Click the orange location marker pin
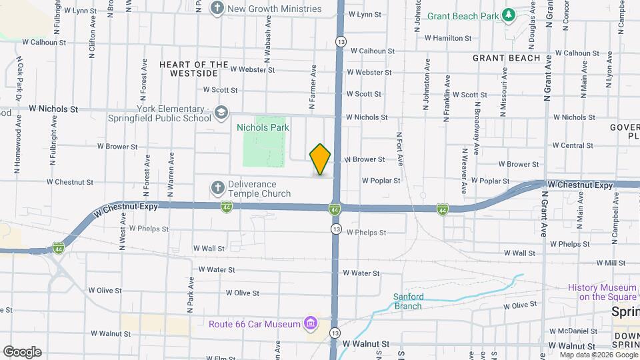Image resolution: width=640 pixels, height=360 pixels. (x=320, y=159)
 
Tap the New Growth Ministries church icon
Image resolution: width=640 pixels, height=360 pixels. (x=217, y=9)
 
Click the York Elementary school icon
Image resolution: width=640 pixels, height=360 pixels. (x=221, y=113)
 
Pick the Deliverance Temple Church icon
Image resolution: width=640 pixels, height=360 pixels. (x=217, y=188)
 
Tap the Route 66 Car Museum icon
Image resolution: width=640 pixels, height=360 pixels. (x=309, y=324)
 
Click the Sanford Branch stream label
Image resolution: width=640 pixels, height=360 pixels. (x=408, y=301)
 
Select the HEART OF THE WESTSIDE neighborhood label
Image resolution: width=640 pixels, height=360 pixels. (x=189, y=69)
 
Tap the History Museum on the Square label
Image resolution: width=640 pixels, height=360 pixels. (x=603, y=292)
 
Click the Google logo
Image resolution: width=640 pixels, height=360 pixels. (x=22, y=351)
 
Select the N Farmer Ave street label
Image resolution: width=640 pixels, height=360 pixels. (x=311, y=87)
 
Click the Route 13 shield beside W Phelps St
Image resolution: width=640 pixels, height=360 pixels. (x=336, y=229)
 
